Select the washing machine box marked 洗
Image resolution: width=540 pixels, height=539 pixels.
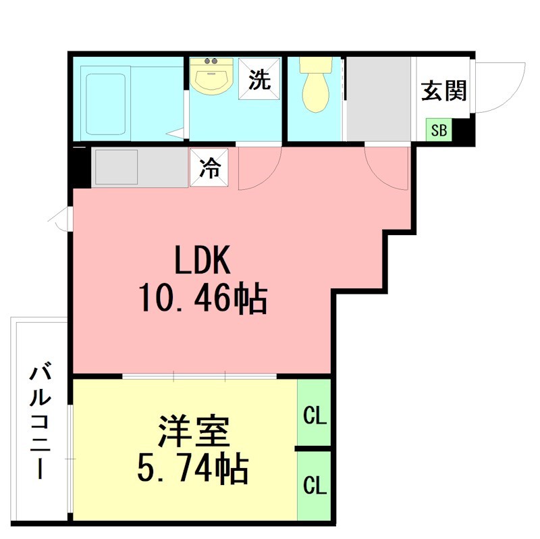pos(260,80)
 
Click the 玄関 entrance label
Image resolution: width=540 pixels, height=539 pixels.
pos(443,91)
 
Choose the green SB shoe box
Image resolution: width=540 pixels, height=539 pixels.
pos(439,130)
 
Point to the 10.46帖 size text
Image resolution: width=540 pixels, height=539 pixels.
pos(202,298)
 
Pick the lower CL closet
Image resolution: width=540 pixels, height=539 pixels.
pos(314,485)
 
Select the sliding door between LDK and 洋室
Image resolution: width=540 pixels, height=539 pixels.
pos(200,376)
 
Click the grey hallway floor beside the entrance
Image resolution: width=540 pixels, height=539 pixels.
pos(378,100)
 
